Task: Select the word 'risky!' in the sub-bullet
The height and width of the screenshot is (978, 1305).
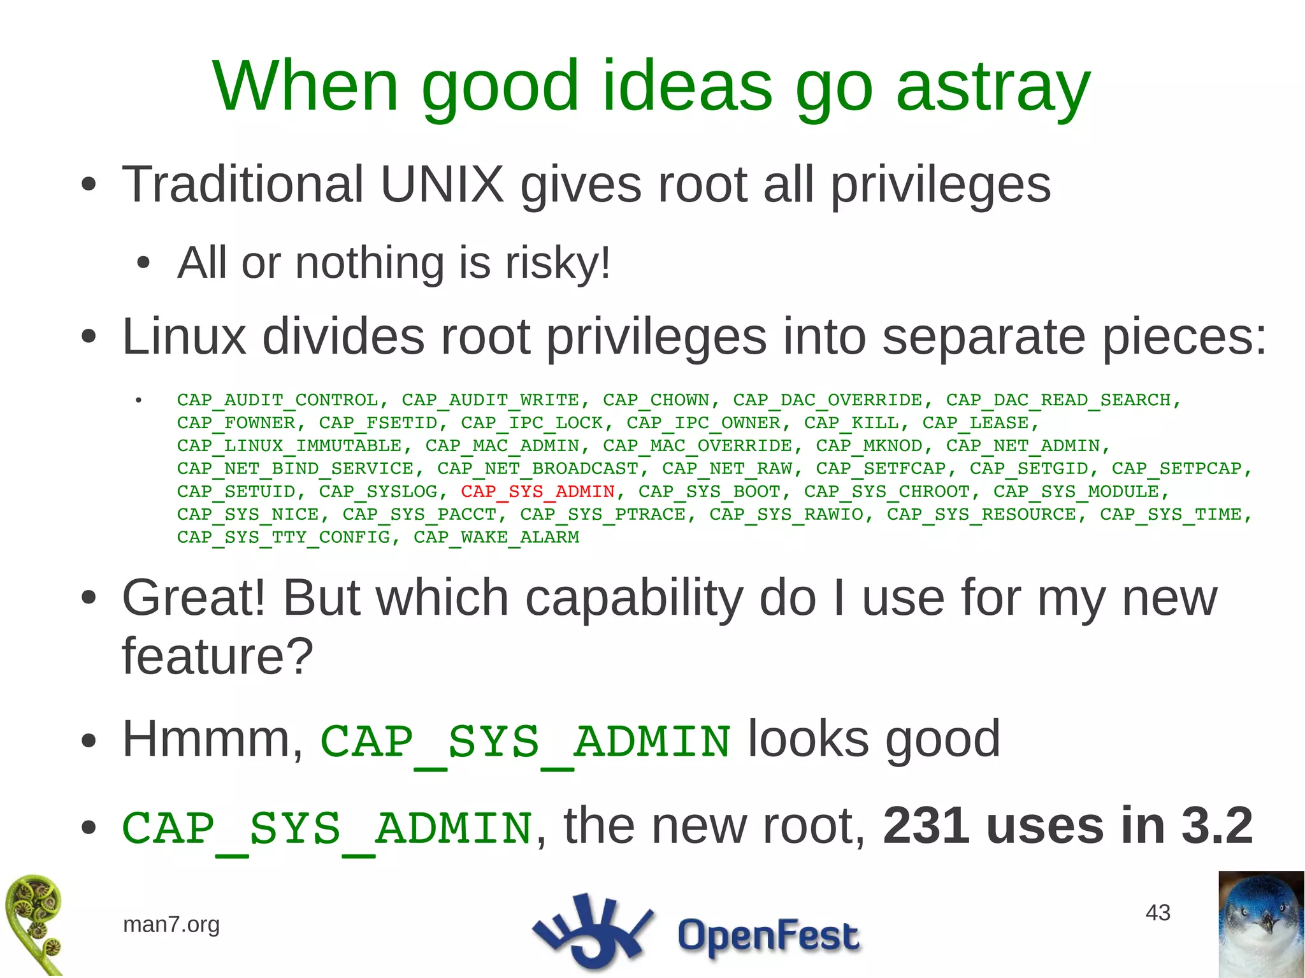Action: (x=558, y=262)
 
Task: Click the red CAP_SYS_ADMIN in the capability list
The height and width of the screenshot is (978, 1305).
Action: (x=538, y=491)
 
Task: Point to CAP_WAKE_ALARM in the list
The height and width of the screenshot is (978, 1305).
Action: (x=496, y=537)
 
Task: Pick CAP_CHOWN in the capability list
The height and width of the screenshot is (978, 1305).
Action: (x=656, y=400)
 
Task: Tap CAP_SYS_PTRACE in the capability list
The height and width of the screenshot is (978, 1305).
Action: (x=602, y=514)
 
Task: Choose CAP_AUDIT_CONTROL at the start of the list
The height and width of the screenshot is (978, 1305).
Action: (x=278, y=400)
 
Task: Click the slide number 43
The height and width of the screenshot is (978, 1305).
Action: (x=1158, y=912)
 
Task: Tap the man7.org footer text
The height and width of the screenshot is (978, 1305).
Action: (x=171, y=924)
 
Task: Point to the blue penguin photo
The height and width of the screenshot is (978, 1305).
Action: (x=1261, y=924)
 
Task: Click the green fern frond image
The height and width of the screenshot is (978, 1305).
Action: (x=35, y=924)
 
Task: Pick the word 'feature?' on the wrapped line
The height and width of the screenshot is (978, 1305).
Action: (x=217, y=656)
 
